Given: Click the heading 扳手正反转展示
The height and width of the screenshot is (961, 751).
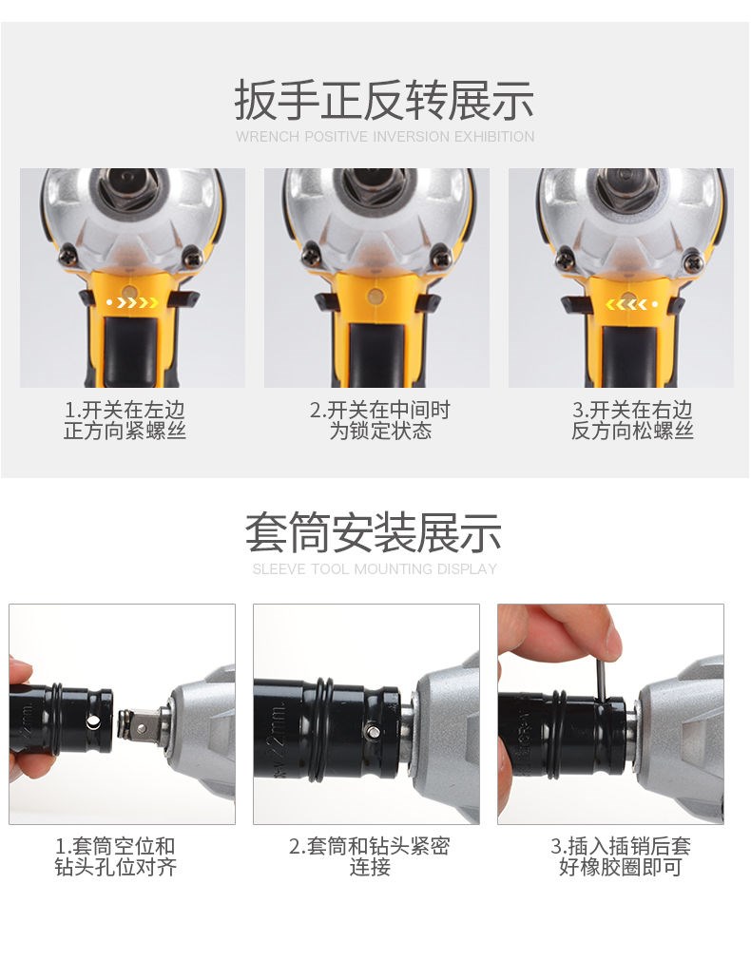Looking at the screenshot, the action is tap(384, 101).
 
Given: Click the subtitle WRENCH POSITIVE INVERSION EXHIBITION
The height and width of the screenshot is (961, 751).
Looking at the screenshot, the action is tap(385, 137).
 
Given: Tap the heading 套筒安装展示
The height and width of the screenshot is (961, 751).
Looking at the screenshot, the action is tap(374, 533).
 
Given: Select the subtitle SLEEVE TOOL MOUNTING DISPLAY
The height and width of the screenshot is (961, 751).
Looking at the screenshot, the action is tap(375, 569).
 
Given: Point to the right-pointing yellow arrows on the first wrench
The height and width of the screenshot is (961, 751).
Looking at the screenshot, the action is tap(132, 303).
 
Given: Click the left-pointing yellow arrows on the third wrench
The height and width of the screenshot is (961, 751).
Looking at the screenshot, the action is tap(632, 304).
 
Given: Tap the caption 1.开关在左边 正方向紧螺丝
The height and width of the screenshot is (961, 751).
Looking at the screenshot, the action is tap(125, 420).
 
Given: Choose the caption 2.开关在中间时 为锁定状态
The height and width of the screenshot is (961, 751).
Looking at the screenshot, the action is tap(380, 420).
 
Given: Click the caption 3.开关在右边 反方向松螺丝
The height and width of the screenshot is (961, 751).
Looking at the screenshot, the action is tap(632, 420).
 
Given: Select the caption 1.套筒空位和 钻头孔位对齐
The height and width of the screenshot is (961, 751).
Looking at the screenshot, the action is tap(115, 856).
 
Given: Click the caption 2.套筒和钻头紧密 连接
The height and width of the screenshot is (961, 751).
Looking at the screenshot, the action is tap(370, 856).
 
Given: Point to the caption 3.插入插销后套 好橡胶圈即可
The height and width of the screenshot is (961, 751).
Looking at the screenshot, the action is tap(621, 856).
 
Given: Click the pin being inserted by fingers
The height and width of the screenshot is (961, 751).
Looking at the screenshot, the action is tap(602, 674).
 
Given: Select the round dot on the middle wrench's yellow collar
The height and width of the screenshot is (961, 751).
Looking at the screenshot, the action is tap(375, 298).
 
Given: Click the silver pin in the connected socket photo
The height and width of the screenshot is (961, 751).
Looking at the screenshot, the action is tap(372, 731).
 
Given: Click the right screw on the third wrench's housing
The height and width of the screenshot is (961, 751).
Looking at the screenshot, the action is tap(694, 262).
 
